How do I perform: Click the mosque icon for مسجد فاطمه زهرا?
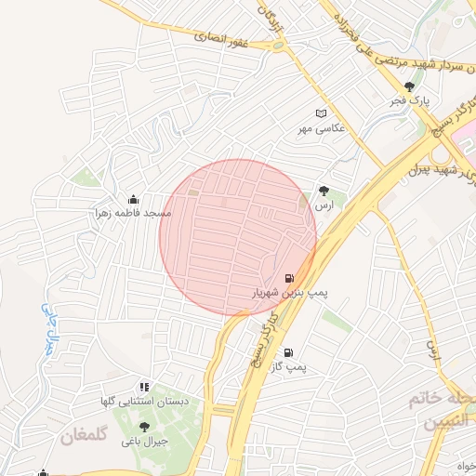(133, 199)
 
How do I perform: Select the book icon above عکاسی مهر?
(322, 113)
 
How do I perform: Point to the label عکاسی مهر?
(321, 129)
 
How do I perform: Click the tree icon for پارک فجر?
(409, 86)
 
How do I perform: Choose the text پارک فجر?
(411, 101)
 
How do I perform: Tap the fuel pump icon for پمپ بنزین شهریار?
(288, 278)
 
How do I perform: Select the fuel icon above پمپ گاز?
(288, 353)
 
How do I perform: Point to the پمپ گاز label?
(288, 368)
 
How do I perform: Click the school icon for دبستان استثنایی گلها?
(143, 387)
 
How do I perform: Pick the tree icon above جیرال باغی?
(144, 427)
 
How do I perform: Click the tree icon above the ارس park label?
(324, 189)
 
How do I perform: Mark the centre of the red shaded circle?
(238, 238)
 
